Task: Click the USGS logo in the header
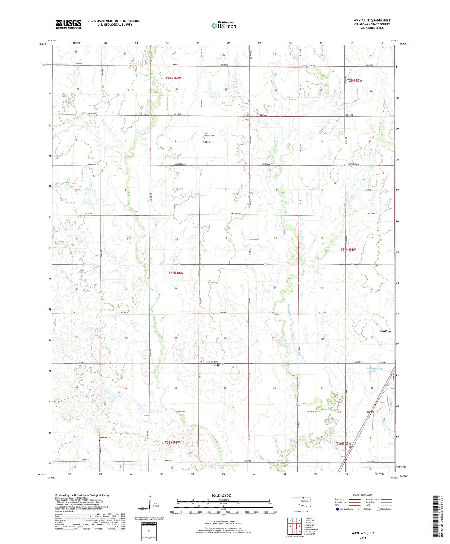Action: [x=69, y=24]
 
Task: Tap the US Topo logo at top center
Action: [x=224, y=26]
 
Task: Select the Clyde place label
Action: [x=207, y=142]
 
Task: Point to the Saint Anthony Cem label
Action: [x=209, y=135]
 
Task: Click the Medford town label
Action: [x=385, y=332]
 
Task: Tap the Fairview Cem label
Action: [x=211, y=362]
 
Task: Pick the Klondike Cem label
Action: [x=106, y=437]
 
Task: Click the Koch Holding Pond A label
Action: [x=374, y=370]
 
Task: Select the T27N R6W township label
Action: [x=176, y=273]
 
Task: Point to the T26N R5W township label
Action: [x=343, y=443]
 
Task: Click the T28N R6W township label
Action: [x=173, y=78]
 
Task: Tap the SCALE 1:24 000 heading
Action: [x=221, y=496]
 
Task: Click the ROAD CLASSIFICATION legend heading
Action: [x=363, y=495]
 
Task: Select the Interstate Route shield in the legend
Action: [x=338, y=509]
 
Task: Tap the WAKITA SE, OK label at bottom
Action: [x=363, y=533]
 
